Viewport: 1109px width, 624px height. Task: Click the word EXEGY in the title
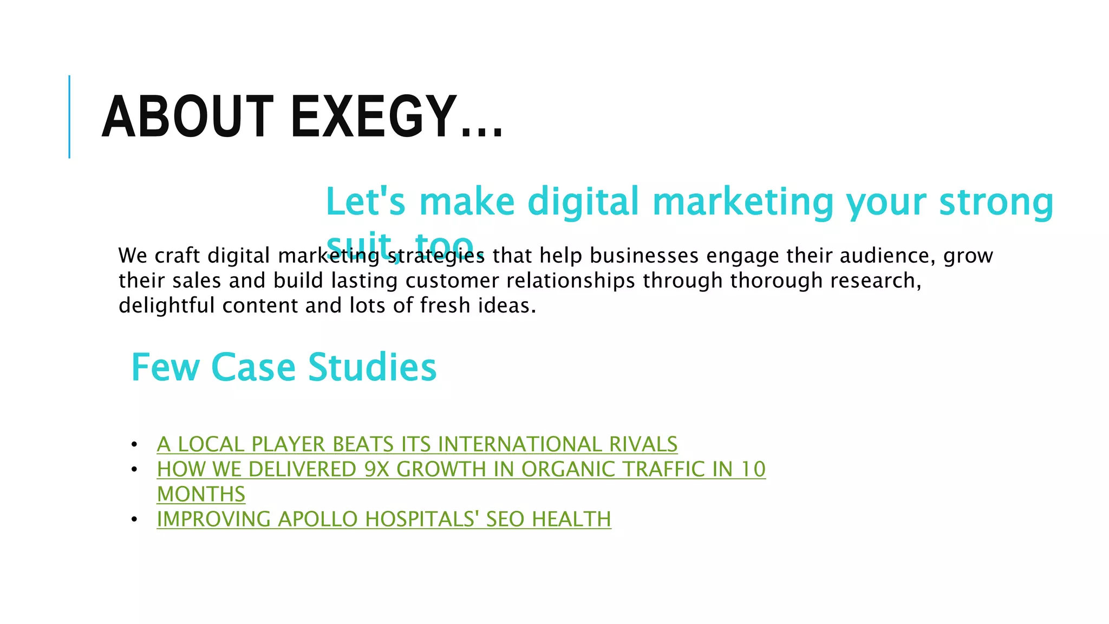[x=374, y=116]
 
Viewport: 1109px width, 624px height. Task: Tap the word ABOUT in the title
[x=187, y=116]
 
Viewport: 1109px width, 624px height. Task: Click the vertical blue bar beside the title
[x=69, y=116]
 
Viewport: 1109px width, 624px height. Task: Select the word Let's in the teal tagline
[x=366, y=201]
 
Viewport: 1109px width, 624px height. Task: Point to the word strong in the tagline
[x=996, y=201]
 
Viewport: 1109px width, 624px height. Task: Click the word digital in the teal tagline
[x=583, y=201]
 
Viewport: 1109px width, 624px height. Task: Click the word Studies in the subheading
[x=372, y=367]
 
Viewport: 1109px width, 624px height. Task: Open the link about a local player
[x=417, y=444]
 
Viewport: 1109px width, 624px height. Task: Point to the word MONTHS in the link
[x=201, y=494]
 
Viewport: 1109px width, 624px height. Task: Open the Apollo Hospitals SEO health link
[x=384, y=519]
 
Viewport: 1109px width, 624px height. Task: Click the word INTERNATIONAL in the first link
[x=520, y=444]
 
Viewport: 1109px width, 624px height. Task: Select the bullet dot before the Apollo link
[x=134, y=519]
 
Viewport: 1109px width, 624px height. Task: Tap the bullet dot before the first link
[x=134, y=445]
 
